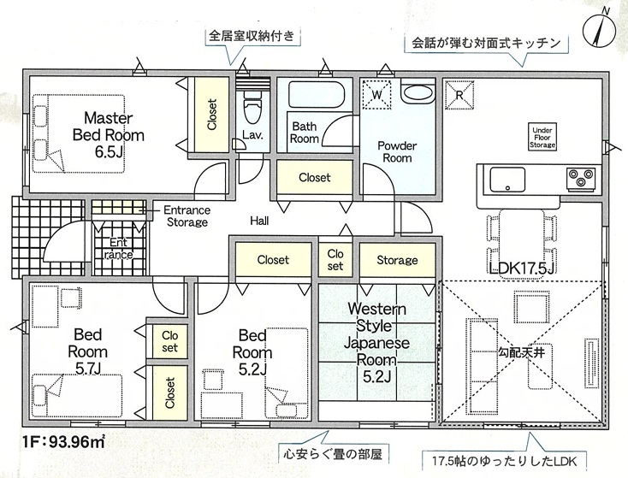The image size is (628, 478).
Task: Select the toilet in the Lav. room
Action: coord(252,109)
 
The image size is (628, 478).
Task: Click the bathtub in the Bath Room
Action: coord(314,93)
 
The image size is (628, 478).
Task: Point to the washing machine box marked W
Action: coord(376,93)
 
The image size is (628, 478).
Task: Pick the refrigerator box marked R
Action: coord(459,94)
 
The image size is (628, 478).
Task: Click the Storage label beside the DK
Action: coord(397,260)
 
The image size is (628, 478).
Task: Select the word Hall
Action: coord(260,221)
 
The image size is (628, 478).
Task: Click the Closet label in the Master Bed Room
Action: coord(211,115)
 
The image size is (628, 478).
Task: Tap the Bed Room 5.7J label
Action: coord(88,351)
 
